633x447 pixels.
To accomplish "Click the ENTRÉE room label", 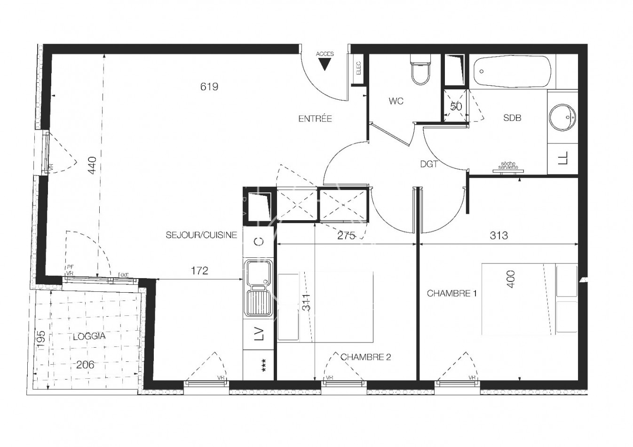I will [315, 119].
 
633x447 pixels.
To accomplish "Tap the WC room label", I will [396, 101].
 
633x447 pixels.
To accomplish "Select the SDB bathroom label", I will [512, 118].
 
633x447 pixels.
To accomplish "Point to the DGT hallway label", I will [429, 164].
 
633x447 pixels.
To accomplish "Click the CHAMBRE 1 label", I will [451, 294].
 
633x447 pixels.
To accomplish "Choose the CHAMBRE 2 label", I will [366, 357].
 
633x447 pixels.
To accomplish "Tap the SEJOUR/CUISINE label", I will [201, 235].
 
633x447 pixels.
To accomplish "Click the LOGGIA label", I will [89, 336].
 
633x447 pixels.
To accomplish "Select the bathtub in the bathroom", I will [512, 72].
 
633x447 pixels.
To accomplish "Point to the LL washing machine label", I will [563, 158].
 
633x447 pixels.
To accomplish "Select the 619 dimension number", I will [209, 87].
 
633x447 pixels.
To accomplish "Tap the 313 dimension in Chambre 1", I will [498, 235].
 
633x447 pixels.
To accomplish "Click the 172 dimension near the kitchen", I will [199, 271].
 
